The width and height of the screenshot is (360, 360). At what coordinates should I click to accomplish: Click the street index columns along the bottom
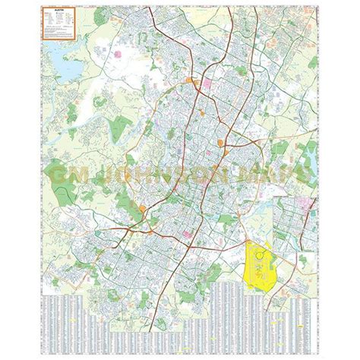(x=180, y=323)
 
